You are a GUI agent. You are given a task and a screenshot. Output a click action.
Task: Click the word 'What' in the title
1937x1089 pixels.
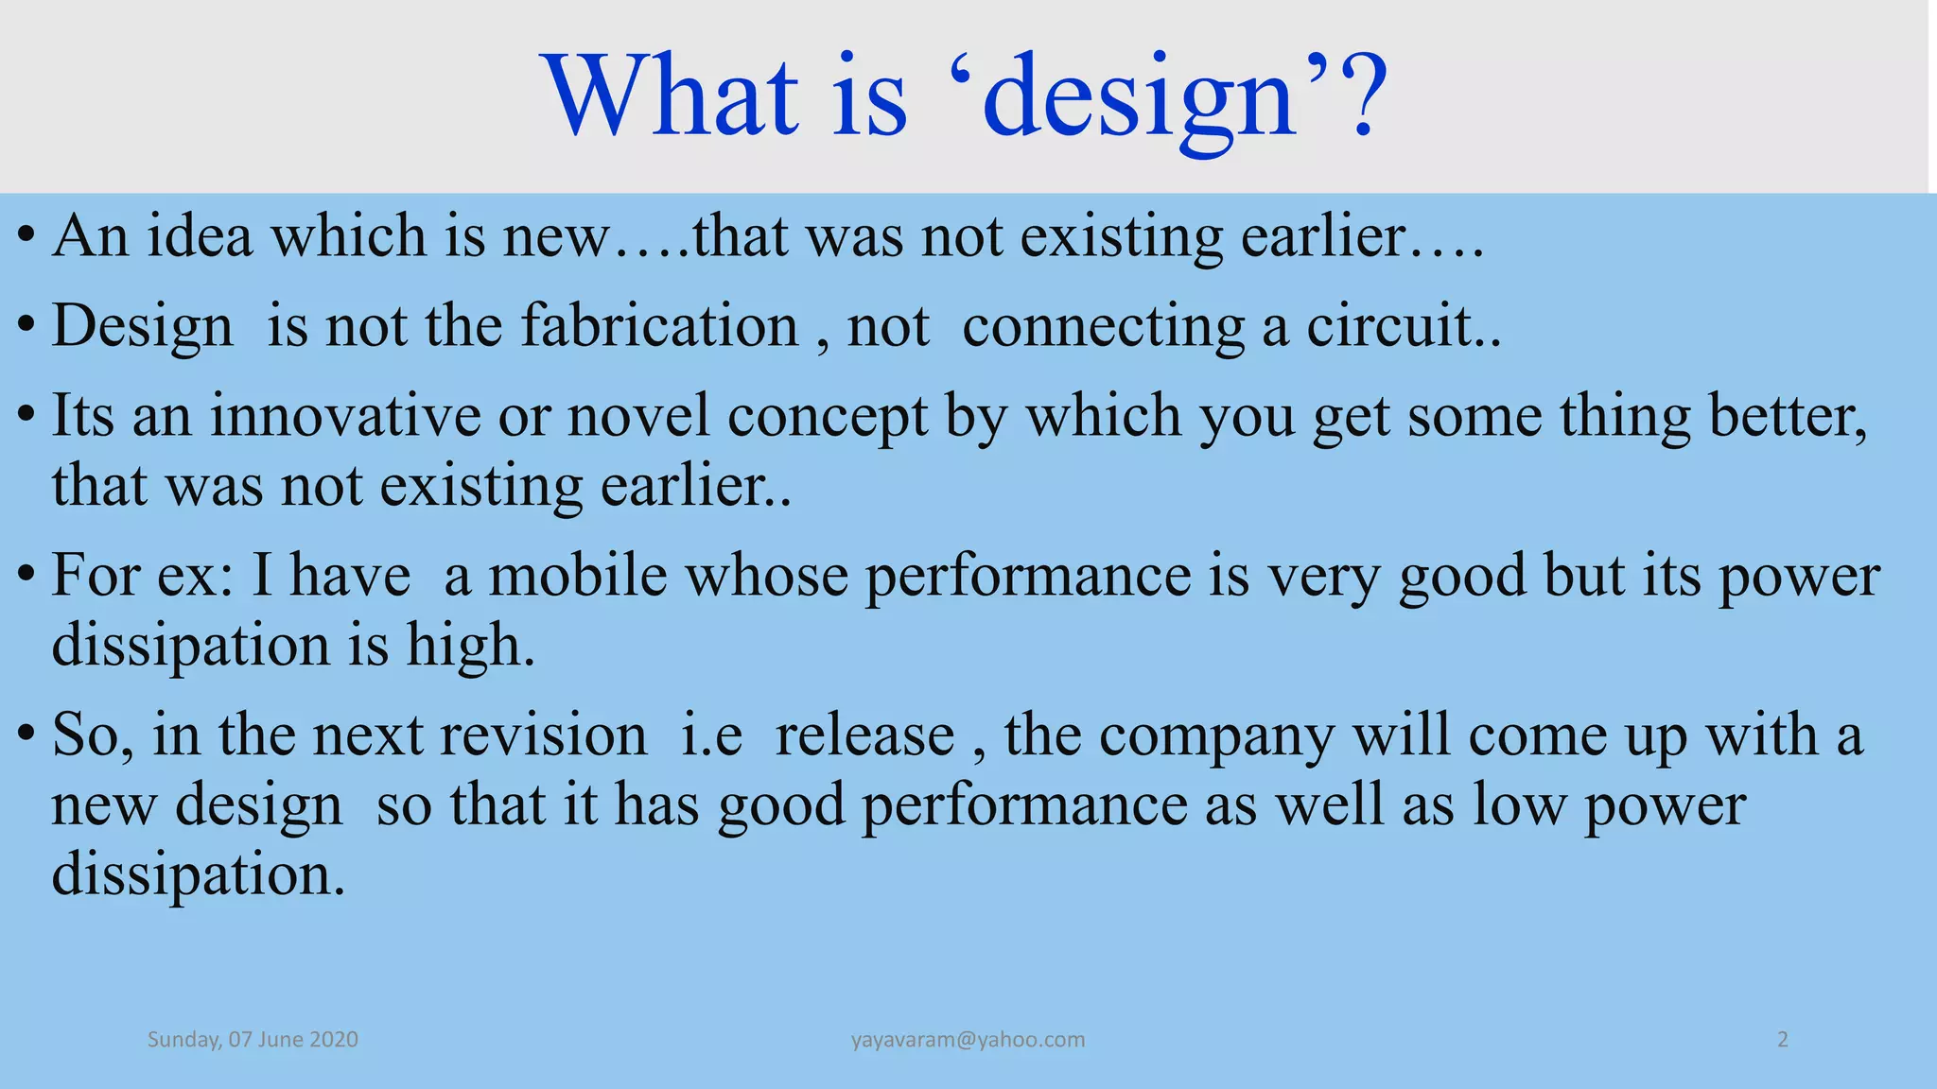(671, 96)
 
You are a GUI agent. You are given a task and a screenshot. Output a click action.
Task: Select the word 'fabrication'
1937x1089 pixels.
(660, 326)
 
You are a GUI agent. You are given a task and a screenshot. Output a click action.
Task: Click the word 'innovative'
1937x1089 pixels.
(344, 416)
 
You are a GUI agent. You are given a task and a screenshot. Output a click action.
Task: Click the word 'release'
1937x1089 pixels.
(864, 735)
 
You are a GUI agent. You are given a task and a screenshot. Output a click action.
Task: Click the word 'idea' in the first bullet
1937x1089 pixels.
(200, 236)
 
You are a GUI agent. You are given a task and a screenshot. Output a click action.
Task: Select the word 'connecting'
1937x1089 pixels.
(1103, 328)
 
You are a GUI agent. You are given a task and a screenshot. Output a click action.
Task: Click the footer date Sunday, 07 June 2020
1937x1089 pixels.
(253, 1040)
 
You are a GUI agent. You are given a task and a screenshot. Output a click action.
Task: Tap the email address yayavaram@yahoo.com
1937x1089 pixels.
(968, 1040)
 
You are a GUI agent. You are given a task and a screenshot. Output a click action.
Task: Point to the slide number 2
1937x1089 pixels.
(1783, 1040)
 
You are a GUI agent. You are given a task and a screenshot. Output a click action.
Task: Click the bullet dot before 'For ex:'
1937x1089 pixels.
(27, 573)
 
